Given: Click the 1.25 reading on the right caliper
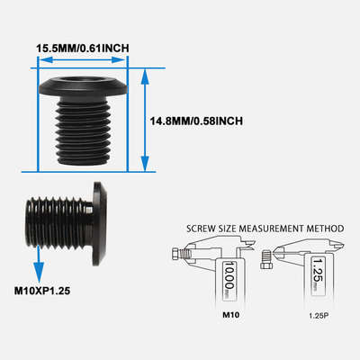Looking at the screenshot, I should coord(318,270).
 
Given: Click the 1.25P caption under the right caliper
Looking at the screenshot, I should coord(318,315).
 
